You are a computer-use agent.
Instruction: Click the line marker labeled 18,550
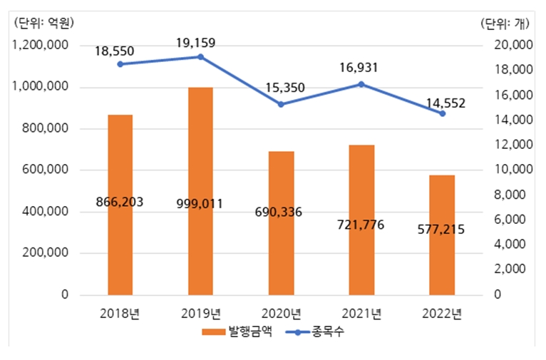[x=120, y=64]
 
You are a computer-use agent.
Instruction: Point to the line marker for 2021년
[x=361, y=84]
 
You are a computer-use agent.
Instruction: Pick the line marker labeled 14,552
[x=442, y=113]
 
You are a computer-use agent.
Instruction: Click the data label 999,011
[x=200, y=203]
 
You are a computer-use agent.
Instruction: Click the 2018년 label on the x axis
[x=119, y=313]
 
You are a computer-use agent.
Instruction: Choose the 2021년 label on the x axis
[x=361, y=313]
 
